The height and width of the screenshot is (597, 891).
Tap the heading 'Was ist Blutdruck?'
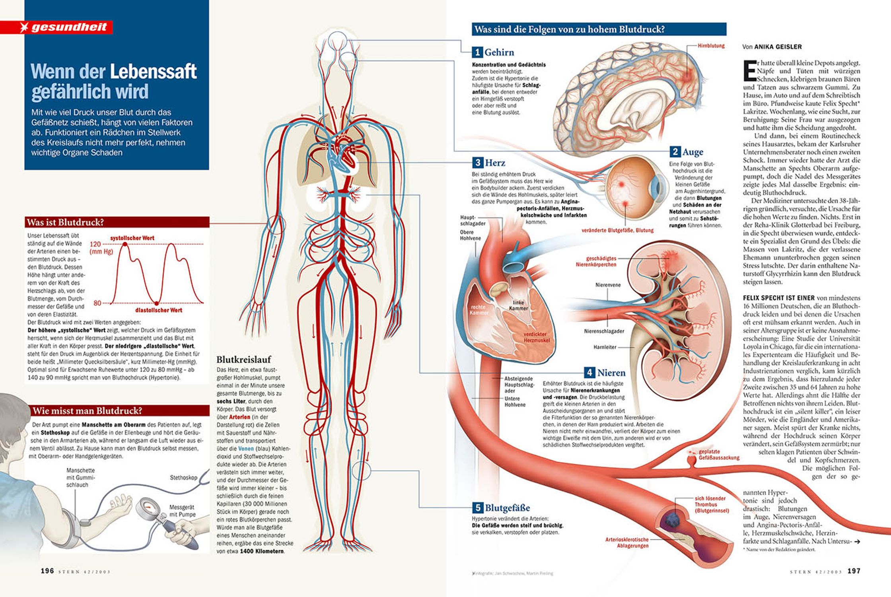65,222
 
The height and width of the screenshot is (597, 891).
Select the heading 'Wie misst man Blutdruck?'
87,411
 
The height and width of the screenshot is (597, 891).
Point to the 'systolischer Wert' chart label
132,238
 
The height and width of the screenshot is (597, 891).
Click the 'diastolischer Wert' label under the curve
158,310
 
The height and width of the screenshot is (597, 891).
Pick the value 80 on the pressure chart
97,303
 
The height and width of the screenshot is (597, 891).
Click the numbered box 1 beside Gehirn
477,52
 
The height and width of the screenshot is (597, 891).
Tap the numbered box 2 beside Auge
675,152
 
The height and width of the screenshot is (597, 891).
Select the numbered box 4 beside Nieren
589,373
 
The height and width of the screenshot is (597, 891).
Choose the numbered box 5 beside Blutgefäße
477,508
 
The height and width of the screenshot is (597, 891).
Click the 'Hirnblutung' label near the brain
711,46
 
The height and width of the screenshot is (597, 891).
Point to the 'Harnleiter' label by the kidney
605,347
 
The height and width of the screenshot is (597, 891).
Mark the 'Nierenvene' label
608,285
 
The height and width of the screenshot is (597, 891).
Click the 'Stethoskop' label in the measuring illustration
183,477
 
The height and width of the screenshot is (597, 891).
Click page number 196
47,571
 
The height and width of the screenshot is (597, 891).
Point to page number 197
854,571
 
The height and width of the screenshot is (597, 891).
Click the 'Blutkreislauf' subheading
243,360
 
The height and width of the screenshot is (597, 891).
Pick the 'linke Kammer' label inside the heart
519,305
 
